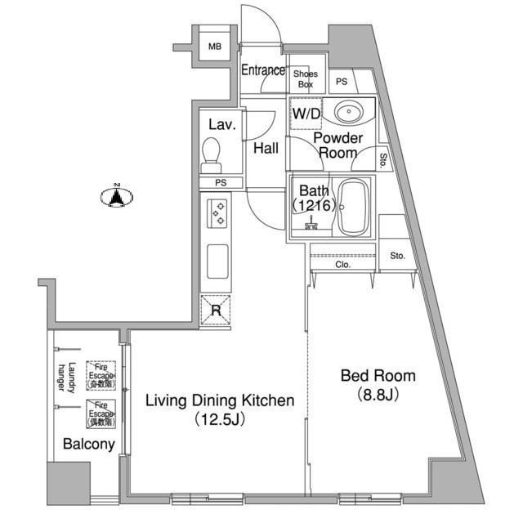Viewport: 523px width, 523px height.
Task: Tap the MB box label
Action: [x=214, y=47]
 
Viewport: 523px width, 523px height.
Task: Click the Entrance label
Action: [x=263, y=71]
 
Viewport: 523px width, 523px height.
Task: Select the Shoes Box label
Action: [x=306, y=78]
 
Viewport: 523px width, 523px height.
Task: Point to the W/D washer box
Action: [x=306, y=115]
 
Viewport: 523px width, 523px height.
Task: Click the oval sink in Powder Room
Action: [x=351, y=112]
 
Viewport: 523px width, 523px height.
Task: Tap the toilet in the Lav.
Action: [x=212, y=151]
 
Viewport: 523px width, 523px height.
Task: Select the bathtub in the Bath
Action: [x=353, y=206]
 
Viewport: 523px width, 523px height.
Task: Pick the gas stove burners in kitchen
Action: [x=218, y=214]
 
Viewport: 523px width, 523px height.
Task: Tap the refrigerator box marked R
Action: [x=216, y=310]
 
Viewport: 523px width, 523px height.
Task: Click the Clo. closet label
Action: [x=342, y=265]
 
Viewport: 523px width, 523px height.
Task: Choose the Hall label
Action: [x=265, y=149]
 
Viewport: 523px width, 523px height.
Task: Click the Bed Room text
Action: [x=378, y=377]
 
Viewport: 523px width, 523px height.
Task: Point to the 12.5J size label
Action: [x=219, y=420]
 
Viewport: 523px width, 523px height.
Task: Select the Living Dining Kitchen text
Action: [x=219, y=400]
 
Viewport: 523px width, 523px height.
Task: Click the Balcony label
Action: [x=88, y=445]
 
